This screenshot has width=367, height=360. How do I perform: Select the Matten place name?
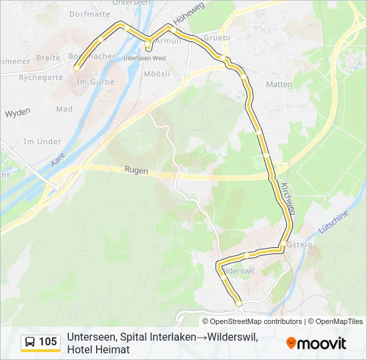tap(279, 85)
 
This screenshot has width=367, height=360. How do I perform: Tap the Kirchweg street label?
tap(288, 198)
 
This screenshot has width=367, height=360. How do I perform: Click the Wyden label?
tap(18, 113)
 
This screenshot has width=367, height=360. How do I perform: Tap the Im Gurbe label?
tap(96, 82)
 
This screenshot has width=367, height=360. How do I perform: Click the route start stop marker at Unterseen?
tap(77, 67)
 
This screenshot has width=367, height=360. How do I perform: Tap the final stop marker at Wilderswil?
tap(239, 303)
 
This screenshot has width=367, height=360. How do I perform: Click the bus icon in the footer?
tap(30, 343)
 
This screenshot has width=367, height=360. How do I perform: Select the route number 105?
tap(48, 343)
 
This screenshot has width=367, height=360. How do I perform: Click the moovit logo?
tap(316, 343)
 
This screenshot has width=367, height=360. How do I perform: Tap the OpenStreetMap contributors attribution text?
tap(254, 321)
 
